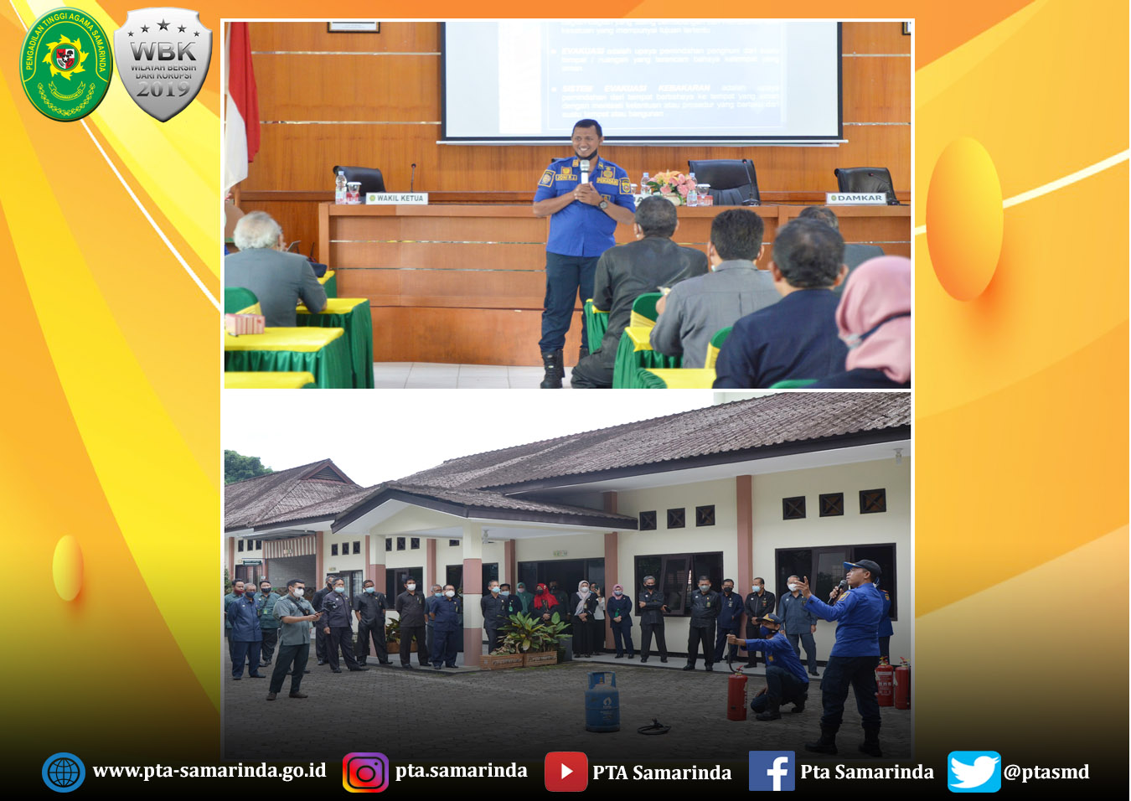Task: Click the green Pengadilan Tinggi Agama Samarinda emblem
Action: click(x=65, y=64)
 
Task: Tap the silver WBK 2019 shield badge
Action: click(x=163, y=65)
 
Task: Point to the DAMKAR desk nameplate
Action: click(x=856, y=199)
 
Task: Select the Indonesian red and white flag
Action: click(x=241, y=101)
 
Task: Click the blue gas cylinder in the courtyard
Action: click(x=602, y=702)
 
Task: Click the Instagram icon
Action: click(x=365, y=773)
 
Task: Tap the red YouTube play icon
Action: click(x=565, y=772)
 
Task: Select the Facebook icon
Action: click(x=771, y=772)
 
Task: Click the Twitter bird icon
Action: click(x=973, y=772)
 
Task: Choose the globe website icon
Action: click(x=64, y=773)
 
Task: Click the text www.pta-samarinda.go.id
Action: click(x=209, y=771)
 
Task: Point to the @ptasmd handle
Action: click(x=1046, y=772)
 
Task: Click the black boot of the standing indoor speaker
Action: click(x=552, y=369)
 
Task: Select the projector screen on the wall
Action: click(x=641, y=79)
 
